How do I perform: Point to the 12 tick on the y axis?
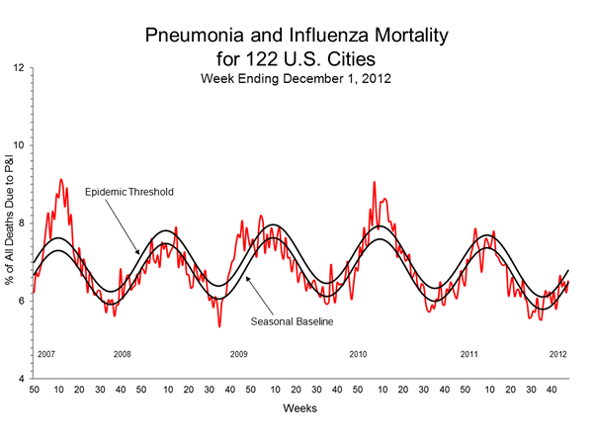pos(19,68)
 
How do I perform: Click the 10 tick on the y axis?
pos(19,145)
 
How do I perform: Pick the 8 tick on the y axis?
pos(22,223)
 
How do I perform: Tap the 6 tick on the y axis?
pos(22,301)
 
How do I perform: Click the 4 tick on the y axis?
pos(22,379)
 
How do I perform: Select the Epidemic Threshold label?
pos(130,191)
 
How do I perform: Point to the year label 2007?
pos(46,354)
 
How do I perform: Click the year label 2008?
pos(123,354)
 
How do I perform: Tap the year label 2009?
pos(238,354)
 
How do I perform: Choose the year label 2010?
pos(358,354)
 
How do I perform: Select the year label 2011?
pos(470,354)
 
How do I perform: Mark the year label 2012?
pos(558,354)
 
